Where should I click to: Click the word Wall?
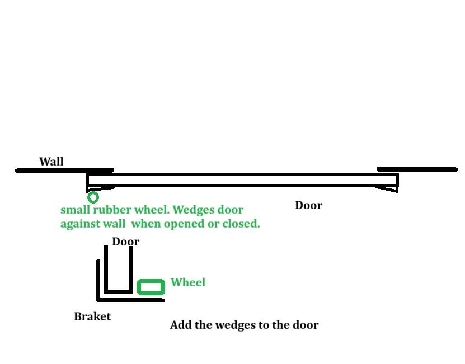[51, 162]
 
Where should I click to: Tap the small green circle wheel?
[93, 197]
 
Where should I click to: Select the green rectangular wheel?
[151, 287]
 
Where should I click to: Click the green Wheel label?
[188, 282]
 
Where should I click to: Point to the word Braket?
[92, 316]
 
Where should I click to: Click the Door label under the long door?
[308, 205]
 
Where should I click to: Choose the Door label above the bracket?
[125, 242]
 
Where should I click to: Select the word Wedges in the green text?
[195, 210]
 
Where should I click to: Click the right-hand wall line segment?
[417, 169]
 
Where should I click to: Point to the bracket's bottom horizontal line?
[131, 300]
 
